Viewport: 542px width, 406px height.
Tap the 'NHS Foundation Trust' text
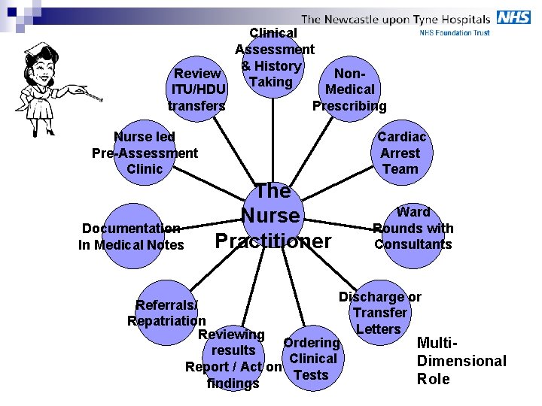[455, 33]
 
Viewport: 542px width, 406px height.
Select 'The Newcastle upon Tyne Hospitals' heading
[395, 19]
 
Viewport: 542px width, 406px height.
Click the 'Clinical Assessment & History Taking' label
[274, 57]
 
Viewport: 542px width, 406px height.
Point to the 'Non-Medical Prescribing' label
[349, 89]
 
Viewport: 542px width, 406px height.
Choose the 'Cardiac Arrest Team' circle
[400, 153]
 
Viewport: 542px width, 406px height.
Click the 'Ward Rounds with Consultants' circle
[413, 229]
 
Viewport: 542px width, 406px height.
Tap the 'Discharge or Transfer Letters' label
[379, 313]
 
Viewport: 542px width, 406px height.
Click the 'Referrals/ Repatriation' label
[166, 313]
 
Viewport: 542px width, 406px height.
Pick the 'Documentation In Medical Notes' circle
[132, 236]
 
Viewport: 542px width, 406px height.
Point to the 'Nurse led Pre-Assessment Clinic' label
[145, 153]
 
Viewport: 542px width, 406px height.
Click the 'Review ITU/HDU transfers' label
[196, 89]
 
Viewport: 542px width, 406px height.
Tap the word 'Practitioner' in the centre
[273, 241]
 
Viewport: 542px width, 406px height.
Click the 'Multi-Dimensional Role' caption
[461, 361]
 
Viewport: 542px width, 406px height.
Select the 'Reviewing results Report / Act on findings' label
[233, 359]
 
